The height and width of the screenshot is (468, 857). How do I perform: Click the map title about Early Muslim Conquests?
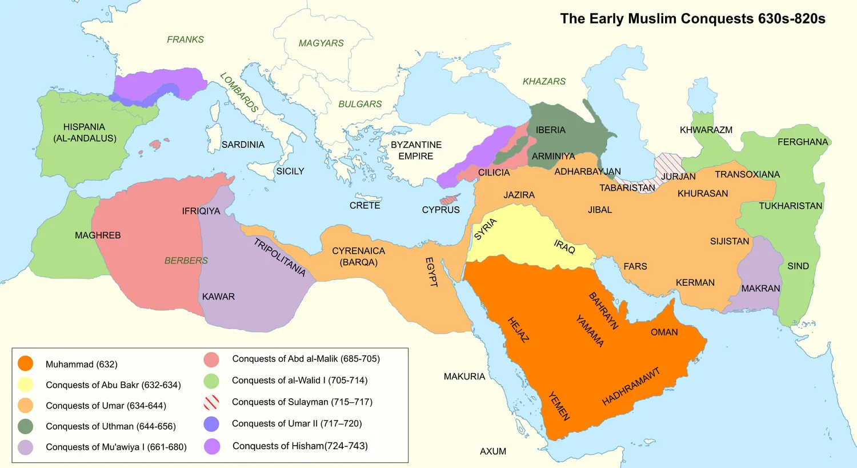point(692,19)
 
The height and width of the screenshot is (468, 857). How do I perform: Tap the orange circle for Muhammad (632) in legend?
point(25,364)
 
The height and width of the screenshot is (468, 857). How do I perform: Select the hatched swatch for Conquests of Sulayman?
point(211,402)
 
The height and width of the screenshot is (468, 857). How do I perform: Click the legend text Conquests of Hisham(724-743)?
point(300,446)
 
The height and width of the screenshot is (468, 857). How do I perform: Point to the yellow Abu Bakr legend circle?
point(25,385)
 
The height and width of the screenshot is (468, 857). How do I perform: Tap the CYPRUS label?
point(440,210)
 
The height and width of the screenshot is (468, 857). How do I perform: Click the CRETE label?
point(365,205)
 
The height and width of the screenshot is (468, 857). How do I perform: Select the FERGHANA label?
point(802,142)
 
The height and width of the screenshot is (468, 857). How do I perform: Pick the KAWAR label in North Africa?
point(218,297)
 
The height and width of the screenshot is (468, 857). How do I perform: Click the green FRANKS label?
point(185,39)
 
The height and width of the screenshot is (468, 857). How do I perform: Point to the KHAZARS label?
point(544,81)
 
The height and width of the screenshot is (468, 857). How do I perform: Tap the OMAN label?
point(664,332)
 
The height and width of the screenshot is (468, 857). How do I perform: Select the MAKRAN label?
point(760,289)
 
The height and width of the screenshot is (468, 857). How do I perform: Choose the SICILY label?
point(290,171)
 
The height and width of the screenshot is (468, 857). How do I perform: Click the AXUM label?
point(492,451)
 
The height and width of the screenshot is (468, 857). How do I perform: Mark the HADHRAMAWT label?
point(631,387)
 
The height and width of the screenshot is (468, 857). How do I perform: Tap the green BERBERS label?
point(186,261)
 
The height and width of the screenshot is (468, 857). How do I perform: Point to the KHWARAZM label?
point(706,130)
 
